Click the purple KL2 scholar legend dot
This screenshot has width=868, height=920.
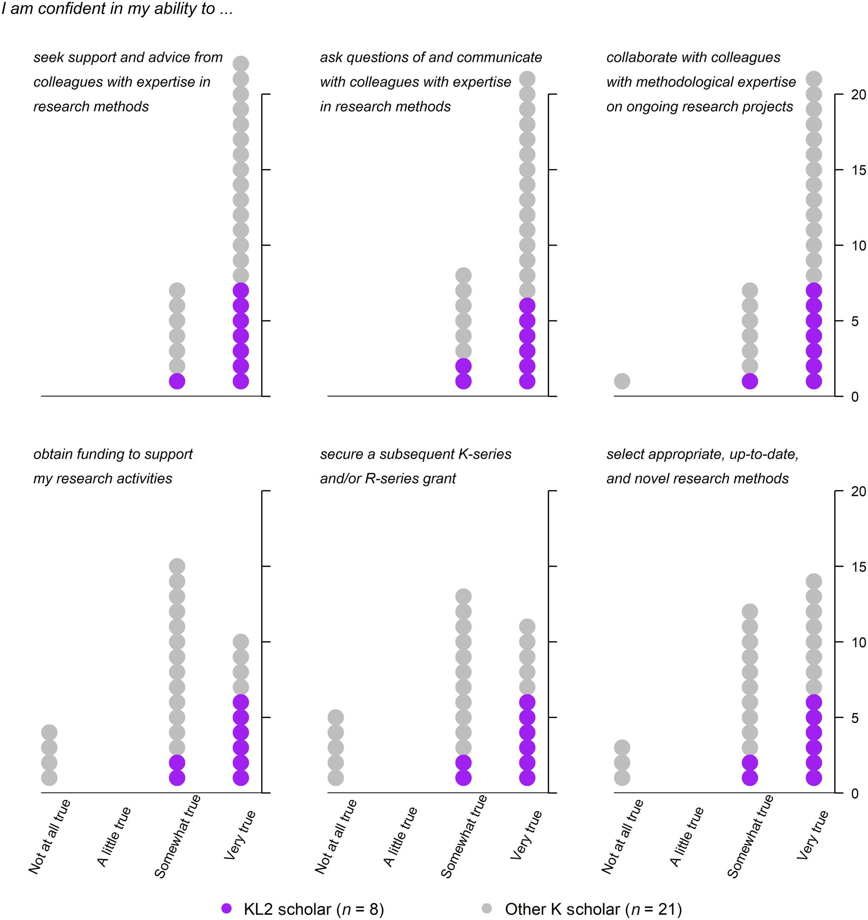226,909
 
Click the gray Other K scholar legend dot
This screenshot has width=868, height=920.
487,909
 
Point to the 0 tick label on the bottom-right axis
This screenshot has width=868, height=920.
854,793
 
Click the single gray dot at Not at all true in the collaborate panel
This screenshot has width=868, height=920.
622,381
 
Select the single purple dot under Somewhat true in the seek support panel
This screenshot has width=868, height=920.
177,381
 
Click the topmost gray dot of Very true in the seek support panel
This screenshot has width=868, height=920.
241,64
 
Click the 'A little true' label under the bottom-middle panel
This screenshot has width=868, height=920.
401,836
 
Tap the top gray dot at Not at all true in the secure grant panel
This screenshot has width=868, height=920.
336,717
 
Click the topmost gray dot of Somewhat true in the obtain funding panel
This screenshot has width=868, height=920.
177,566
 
